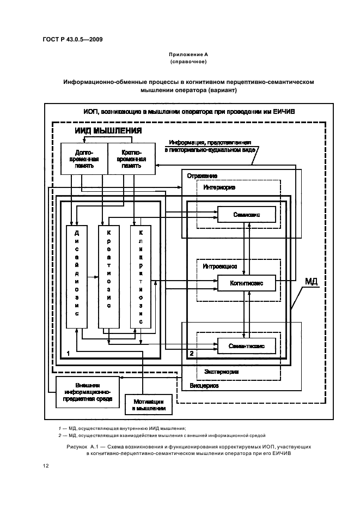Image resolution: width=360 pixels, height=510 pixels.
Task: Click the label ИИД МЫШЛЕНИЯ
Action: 108,131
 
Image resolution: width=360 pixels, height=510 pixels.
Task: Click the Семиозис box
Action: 247,215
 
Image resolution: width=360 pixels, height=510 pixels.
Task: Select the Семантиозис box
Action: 247,345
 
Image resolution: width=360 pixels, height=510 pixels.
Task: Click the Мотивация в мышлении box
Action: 145,404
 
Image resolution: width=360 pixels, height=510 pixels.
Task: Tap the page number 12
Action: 46,466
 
